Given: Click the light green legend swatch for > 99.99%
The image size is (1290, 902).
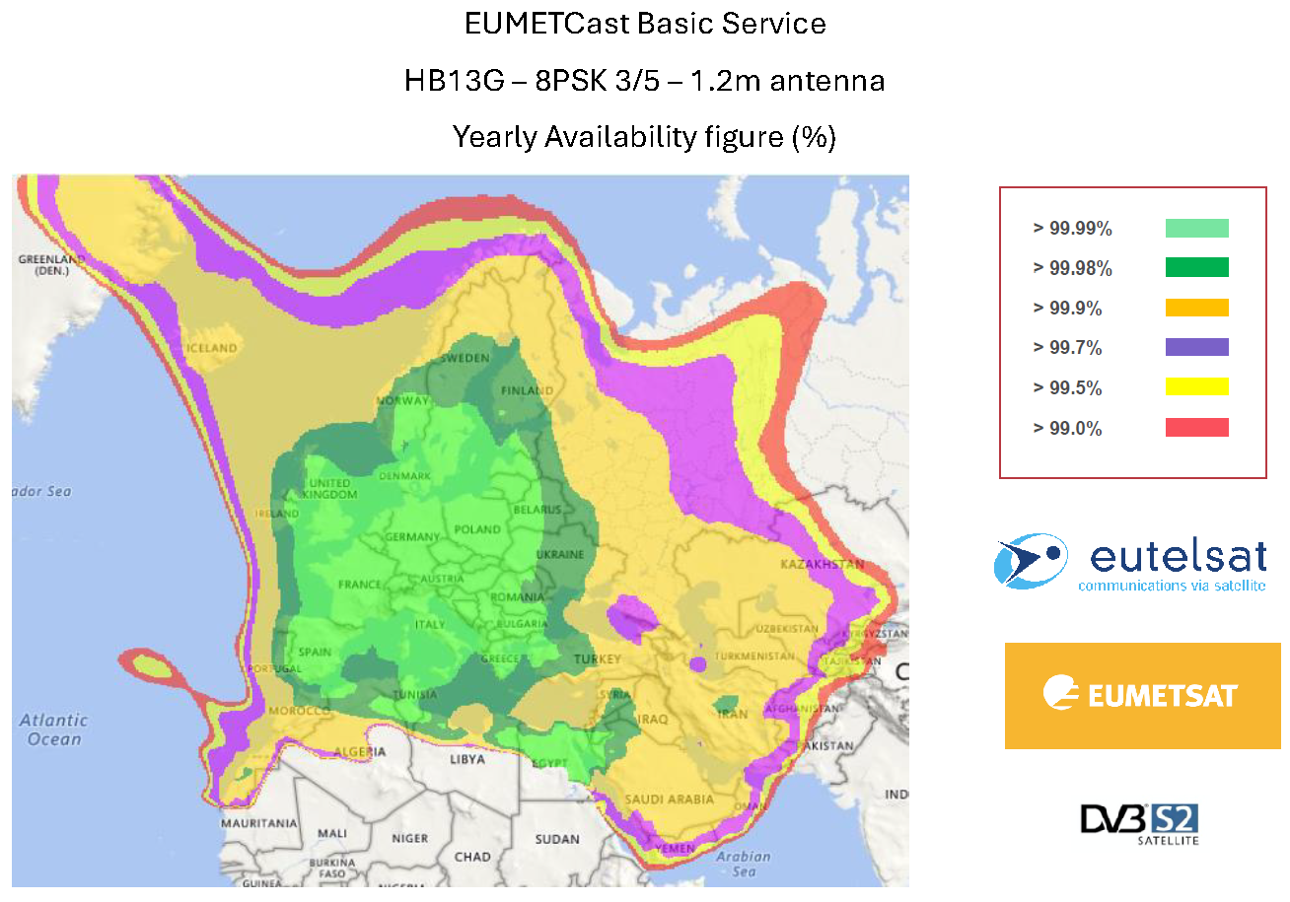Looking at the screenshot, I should coord(1196,229).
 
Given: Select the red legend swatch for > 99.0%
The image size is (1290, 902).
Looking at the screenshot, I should coord(1196,428).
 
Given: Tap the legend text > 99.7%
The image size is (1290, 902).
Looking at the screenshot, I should coord(1067,348).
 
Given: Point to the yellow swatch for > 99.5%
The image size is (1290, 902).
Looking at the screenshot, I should coord(1196,387).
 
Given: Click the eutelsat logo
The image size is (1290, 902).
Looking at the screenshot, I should coord(1130,563).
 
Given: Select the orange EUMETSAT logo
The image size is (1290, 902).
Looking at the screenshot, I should coord(1142,695).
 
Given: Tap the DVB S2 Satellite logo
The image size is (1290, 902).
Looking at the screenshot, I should coord(1139,823).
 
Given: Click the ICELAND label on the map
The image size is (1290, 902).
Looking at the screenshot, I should coord(211,348).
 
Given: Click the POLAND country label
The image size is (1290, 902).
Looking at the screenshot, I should coord(476,529).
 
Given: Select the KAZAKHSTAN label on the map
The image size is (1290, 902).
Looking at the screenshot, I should coord(822,565).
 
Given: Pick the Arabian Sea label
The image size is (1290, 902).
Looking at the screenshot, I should coord(744,864).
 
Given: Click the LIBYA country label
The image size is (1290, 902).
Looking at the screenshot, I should coord(466,760).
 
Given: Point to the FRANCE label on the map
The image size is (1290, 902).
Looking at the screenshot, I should coord(359,585).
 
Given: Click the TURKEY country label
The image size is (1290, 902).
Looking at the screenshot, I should coord(596,659).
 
